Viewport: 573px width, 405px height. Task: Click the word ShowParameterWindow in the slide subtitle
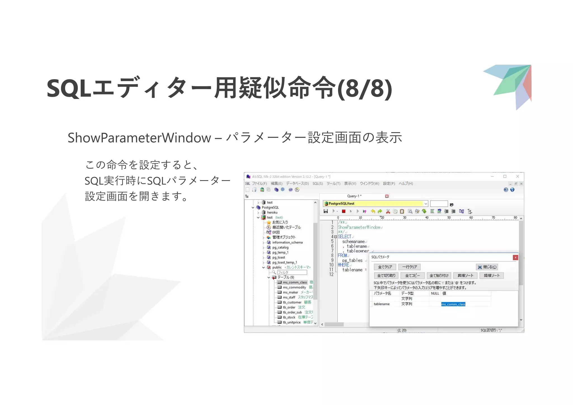click(x=139, y=138)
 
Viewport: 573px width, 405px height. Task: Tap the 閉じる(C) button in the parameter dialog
click(x=487, y=267)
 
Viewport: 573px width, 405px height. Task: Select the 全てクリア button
click(x=385, y=267)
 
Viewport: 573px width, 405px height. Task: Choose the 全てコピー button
click(x=412, y=276)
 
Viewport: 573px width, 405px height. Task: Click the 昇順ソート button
click(x=465, y=276)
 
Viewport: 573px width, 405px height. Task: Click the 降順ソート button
click(x=492, y=276)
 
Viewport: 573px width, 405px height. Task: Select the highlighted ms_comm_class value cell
click(x=453, y=304)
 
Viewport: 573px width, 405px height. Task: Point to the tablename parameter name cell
click(x=382, y=304)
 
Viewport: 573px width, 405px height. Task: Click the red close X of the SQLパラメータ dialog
click(x=515, y=257)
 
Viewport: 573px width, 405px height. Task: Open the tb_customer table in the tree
click(x=292, y=302)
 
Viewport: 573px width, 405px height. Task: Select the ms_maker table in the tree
click(x=290, y=292)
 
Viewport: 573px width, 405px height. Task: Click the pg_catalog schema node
click(x=280, y=248)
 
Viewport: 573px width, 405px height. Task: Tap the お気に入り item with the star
click(x=280, y=222)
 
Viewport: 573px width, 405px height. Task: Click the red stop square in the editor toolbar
click(x=344, y=211)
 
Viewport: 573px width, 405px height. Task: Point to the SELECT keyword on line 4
click(x=344, y=237)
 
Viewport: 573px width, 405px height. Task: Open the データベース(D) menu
click(x=297, y=183)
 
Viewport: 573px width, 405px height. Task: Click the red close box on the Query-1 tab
click(x=387, y=196)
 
